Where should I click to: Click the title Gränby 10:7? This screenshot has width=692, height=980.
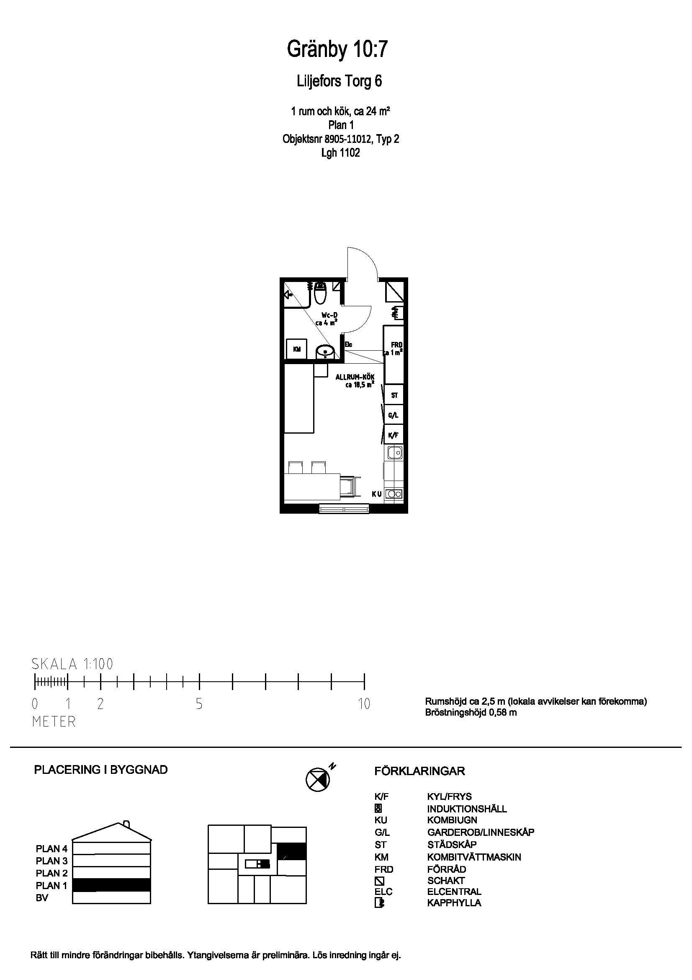337,50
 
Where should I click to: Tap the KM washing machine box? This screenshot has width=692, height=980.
297,349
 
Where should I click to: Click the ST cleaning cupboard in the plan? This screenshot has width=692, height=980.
394,395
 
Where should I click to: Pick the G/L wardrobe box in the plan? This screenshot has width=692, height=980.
394,415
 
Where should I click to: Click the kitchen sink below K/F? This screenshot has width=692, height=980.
394,453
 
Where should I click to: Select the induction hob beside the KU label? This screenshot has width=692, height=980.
394,494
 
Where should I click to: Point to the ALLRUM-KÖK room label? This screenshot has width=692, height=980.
355,377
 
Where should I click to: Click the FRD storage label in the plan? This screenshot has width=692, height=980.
396,345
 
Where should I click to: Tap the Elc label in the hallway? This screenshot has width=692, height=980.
348,344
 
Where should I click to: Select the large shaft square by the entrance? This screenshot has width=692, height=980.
394,292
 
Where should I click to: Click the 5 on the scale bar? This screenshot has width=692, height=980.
199,704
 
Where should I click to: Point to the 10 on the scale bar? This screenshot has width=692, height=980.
364,704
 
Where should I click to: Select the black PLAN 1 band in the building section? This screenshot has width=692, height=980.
111,885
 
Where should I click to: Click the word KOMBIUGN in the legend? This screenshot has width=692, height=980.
452,820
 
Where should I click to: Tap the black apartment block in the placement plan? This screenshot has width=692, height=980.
291,851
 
